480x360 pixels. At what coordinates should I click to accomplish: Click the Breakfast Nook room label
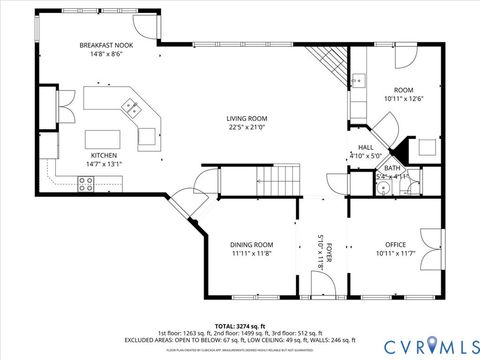click(106, 46)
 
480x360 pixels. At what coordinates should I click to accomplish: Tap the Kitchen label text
click(105, 155)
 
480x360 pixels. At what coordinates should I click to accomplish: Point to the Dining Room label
click(252, 244)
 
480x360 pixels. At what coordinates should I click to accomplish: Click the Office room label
click(396, 244)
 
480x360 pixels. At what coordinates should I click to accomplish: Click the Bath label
click(393, 168)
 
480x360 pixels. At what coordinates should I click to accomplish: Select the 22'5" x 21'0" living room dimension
click(246, 126)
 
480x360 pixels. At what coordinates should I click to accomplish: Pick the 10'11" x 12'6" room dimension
click(404, 98)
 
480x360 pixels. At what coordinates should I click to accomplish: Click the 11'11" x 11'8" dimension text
click(252, 254)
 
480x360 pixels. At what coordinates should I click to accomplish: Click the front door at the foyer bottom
click(322, 288)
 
